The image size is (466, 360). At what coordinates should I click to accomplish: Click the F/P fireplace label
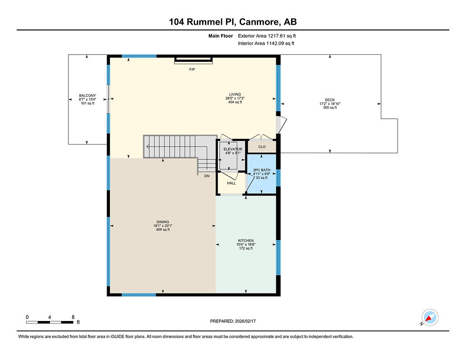click(x=192, y=69)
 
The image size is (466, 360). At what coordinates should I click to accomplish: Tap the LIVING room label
click(x=235, y=94)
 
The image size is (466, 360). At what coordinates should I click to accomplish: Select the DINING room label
click(x=163, y=222)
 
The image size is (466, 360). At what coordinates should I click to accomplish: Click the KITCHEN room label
click(x=246, y=241)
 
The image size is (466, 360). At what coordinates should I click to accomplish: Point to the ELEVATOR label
click(x=233, y=149)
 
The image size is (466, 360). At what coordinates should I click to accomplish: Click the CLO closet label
click(x=262, y=147)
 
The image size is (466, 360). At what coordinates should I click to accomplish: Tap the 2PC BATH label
click(x=262, y=170)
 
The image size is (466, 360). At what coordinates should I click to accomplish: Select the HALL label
click(x=231, y=183)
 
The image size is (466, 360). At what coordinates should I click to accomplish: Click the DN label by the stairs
click(x=207, y=176)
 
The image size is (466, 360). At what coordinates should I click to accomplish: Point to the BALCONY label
click(x=87, y=96)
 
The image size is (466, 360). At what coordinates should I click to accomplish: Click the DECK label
click(x=330, y=100)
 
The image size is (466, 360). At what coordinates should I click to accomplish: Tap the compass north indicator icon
click(x=430, y=318)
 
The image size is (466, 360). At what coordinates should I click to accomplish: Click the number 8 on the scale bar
click(x=73, y=317)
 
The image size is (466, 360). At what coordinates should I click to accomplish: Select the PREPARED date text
click(x=233, y=321)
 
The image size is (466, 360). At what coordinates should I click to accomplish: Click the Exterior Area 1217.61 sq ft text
click(x=267, y=36)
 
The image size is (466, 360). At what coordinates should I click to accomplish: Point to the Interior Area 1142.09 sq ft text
click(x=266, y=43)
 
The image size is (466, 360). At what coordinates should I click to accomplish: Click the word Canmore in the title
click(x=259, y=22)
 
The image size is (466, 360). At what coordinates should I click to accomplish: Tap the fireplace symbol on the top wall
click(x=194, y=60)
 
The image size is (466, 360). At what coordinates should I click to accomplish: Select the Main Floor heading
click(x=221, y=36)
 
